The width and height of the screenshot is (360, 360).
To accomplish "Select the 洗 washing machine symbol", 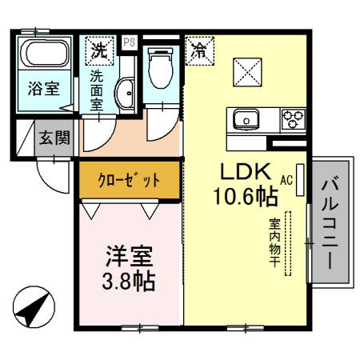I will [x=99, y=51].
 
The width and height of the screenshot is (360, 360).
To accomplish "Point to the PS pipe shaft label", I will [x=129, y=41].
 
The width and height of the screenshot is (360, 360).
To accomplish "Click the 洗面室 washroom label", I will [x=97, y=89].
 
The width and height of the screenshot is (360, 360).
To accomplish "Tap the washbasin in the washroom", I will [x=126, y=94].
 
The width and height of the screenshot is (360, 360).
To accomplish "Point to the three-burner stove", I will [x=292, y=119].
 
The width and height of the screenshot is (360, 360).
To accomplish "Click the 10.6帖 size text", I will [x=245, y=194].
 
